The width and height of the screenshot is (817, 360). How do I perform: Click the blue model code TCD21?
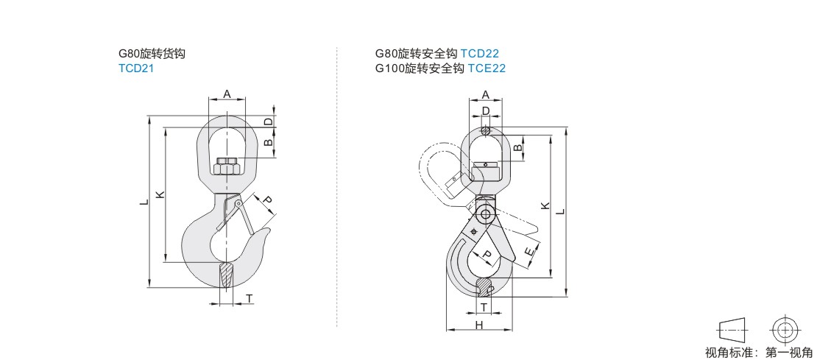[136, 68]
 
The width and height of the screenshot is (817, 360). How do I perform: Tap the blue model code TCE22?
[487, 68]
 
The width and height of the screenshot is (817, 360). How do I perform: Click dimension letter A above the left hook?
[227, 93]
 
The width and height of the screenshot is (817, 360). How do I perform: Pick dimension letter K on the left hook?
[160, 195]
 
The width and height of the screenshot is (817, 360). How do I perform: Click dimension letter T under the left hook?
[249, 298]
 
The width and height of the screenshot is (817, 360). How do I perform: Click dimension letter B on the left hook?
[268, 142]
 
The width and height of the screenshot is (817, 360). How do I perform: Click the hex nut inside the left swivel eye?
[227, 165]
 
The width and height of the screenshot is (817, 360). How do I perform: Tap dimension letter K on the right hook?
[545, 206]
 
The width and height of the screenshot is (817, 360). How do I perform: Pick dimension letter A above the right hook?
[486, 94]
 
